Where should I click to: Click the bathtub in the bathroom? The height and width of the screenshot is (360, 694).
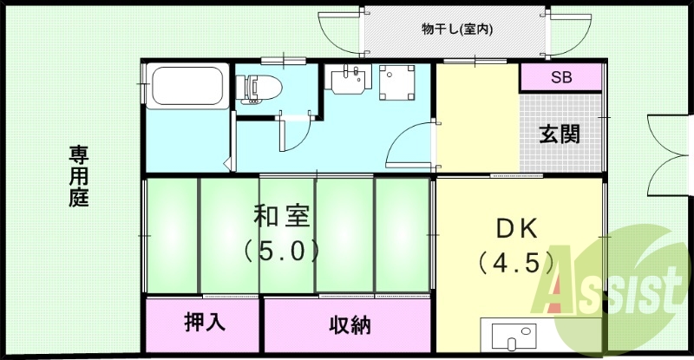[x=188, y=88]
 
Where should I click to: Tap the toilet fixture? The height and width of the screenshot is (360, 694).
[x=261, y=88]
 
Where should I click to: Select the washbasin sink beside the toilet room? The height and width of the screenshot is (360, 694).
[x=349, y=80]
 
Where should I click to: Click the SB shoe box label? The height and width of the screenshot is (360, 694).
[x=560, y=77]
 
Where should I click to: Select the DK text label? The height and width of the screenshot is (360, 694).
[x=517, y=229]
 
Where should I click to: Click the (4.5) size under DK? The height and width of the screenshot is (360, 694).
[x=517, y=261]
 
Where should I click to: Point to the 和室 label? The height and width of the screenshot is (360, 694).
[x=282, y=215]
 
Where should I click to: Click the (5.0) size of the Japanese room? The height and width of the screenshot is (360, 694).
[x=282, y=251]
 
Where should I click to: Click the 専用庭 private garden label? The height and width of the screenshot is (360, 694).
[x=79, y=175]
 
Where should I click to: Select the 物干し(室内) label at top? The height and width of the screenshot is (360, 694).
[x=457, y=29]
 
